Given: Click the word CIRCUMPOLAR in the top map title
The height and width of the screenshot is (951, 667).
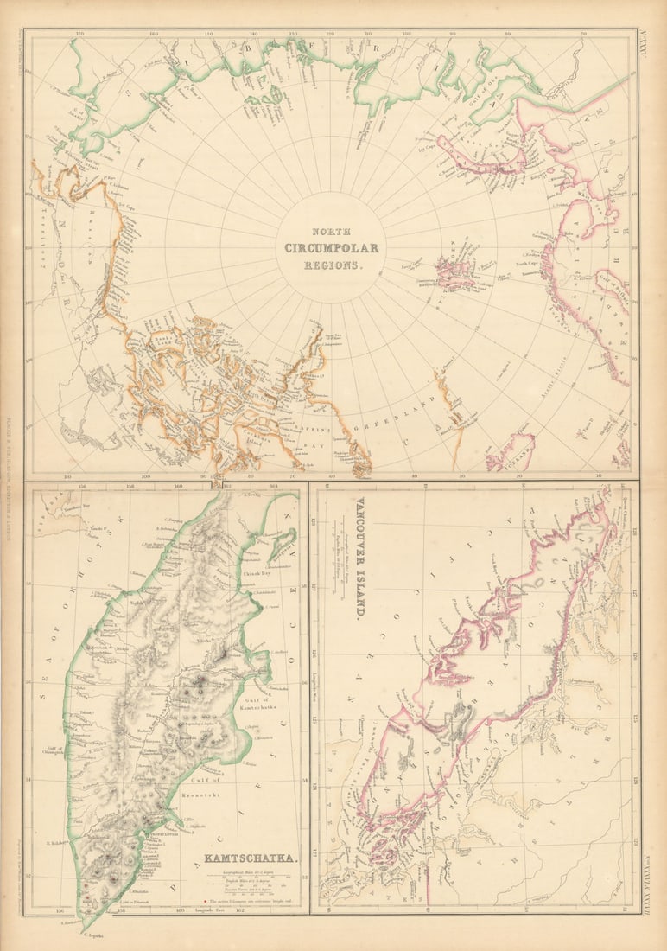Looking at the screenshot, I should pyautogui.click(x=332, y=249).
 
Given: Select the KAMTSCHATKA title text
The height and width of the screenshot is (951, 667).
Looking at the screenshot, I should pyautogui.click(x=251, y=859).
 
